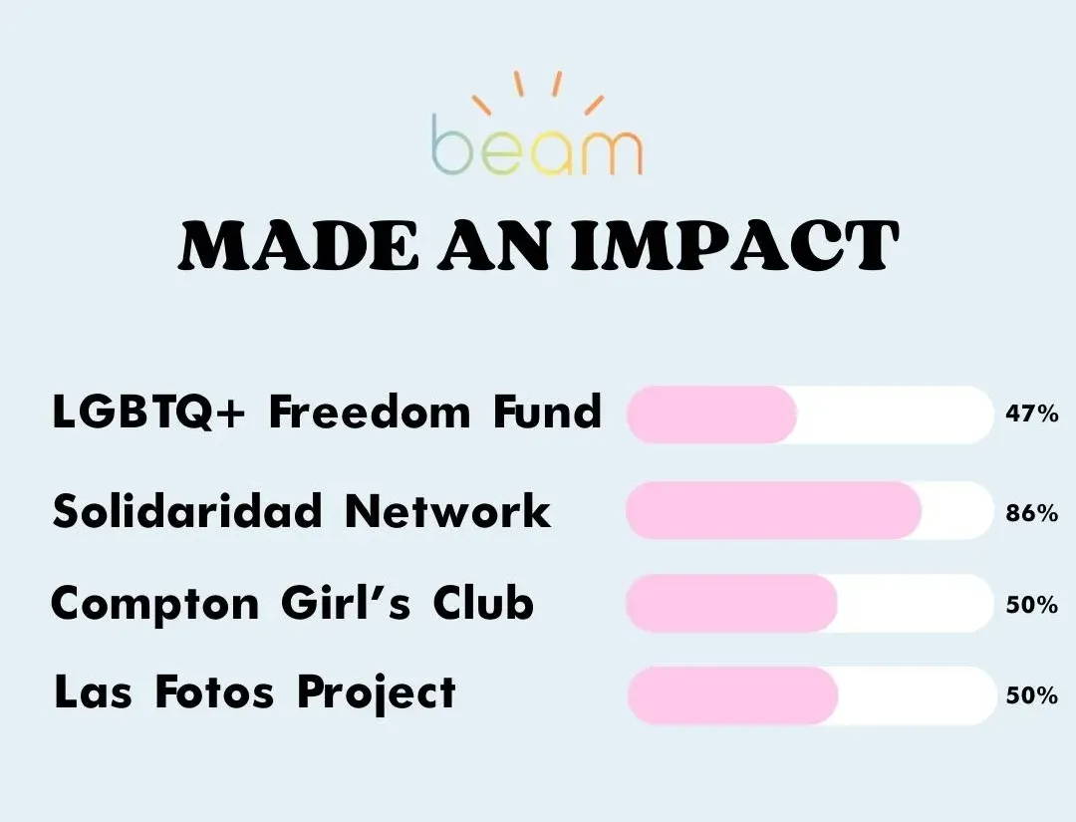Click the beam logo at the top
tap(537, 125)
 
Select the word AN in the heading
tap(495, 246)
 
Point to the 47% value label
tap(1032, 413)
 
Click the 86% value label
tap(1032, 513)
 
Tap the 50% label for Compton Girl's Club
tap(1032, 605)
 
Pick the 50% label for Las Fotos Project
tap(1032, 695)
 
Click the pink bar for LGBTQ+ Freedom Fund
tap(711, 414)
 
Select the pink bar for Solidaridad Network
tap(773, 510)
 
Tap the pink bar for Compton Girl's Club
tap(731, 604)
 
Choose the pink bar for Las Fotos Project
tap(732, 695)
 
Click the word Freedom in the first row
tap(370, 412)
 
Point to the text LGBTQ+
tap(148, 413)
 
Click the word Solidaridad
tap(186, 511)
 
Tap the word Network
tap(447, 511)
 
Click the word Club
tap(483, 603)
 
